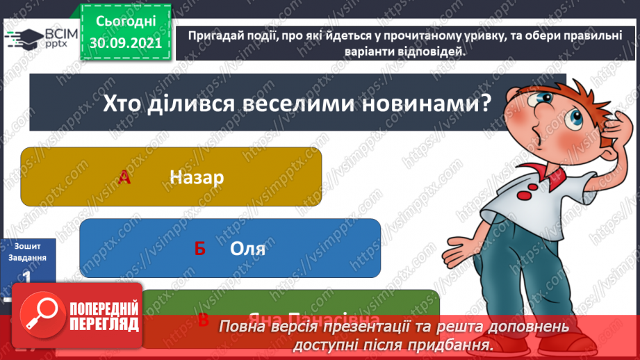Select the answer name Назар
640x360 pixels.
point(197,177)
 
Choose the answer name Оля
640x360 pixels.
point(247,248)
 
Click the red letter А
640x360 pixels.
point(124,178)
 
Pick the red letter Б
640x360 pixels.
point(200,249)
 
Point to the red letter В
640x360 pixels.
point(204,320)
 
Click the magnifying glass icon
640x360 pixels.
point(40,314)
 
